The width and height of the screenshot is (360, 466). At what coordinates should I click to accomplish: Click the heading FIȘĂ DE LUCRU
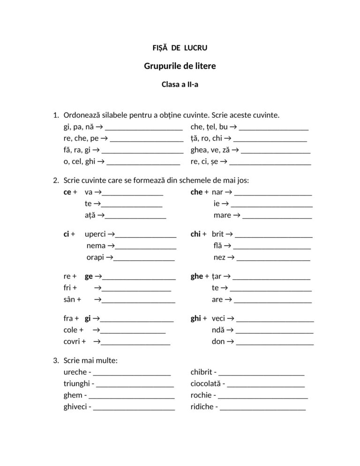[180, 48]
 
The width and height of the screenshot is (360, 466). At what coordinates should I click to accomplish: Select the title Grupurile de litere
[180, 66]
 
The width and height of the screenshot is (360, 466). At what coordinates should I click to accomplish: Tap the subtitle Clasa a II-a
[180, 85]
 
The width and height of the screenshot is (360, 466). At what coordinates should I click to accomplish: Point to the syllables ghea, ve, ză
[211, 150]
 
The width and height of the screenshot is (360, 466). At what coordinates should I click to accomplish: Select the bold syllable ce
[67, 192]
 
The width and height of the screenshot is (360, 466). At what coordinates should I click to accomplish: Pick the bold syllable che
[196, 192]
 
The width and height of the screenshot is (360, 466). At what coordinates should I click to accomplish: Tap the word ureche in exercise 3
[75, 372]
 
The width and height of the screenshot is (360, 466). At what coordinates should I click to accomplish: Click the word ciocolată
[206, 384]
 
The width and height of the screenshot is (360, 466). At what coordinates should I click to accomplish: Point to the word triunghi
[77, 384]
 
